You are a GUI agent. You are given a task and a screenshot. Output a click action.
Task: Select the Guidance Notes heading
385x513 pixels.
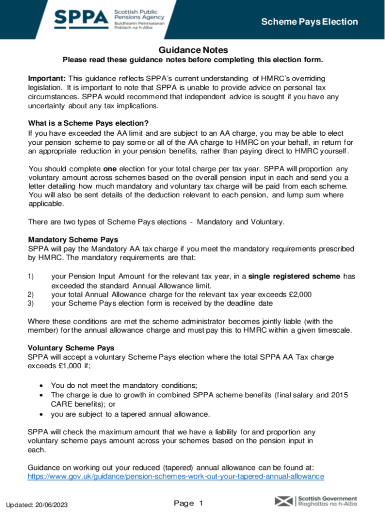(x=193, y=50)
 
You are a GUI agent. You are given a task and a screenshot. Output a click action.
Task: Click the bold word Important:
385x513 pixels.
(x=47, y=79)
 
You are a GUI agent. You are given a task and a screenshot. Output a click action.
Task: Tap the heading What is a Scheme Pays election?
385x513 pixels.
(x=88, y=123)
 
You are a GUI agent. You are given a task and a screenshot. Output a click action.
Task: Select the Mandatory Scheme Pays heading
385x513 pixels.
(x=73, y=239)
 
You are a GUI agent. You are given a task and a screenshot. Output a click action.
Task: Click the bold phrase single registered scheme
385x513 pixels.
(x=294, y=277)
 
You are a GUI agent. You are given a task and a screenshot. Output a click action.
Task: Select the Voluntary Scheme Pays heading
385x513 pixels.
(x=71, y=348)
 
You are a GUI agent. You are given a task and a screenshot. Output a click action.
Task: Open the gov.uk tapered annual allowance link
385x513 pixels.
(x=176, y=476)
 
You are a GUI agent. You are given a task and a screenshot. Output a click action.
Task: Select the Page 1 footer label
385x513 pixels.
(x=188, y=503)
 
